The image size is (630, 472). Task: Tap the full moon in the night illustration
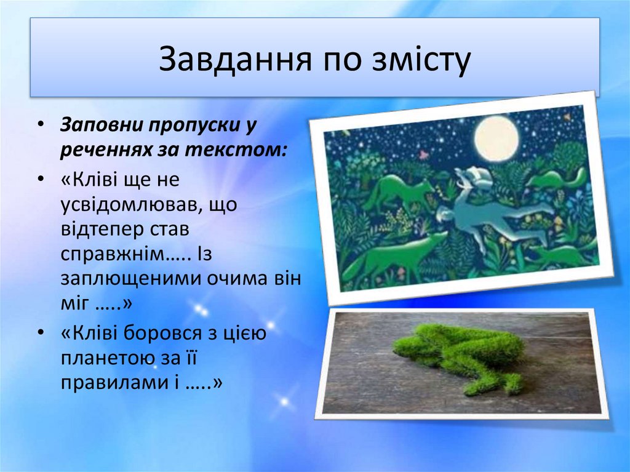click(x=496, y=138)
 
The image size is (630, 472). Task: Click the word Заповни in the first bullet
click(x=102, y=125)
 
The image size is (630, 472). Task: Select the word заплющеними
click(x=130, y=279)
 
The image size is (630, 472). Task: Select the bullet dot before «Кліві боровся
click(x=41, y=333)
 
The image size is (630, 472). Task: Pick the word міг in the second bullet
click(x=74, y=303)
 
